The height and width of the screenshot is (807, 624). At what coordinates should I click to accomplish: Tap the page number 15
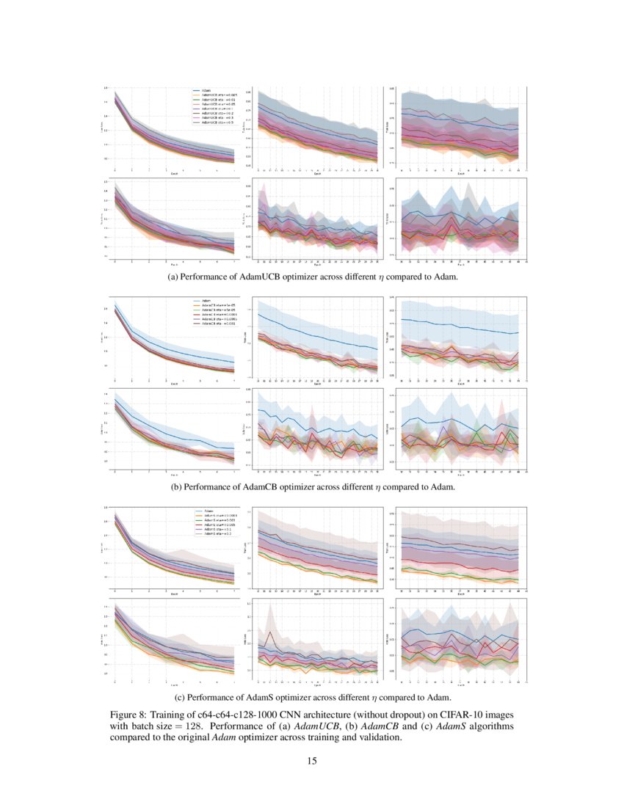312,762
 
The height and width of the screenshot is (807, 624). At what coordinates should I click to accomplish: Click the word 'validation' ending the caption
380,738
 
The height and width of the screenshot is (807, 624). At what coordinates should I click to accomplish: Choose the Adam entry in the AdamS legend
208,511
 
